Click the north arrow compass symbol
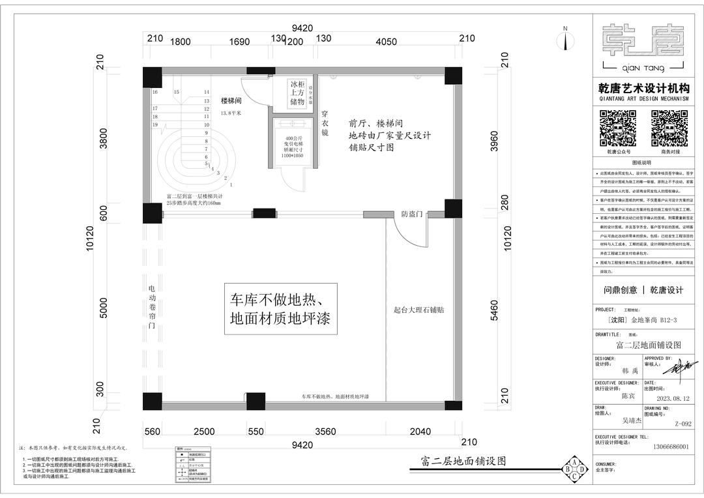pyautogui.click(x=565, y=40)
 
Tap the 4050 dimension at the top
pyautogui.click(x=387, y=42)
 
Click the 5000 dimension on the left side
pyautogui.click(x=103, y=308)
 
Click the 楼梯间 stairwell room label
pyautogui.click(x=231, y=101)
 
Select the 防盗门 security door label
pyautogui.click(x=412, y=214)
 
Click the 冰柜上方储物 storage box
pyautogui.click(x=297, y=93)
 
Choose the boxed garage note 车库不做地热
pyautogui.click(x=280, y=309)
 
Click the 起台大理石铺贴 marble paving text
pyautogui.click(x=418, y=310)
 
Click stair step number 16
pyautogui.click(x=155, y=93)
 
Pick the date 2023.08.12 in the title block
pyautogui.click(x=673, y=398)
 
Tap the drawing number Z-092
pyautogui.click(x=683, y=424)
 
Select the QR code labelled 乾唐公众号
pyautogui.click(x=618, y=128)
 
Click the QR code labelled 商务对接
pyautogui.click(x=669, y=128)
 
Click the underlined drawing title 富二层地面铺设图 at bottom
pyautogui.click(x=460, y=461)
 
